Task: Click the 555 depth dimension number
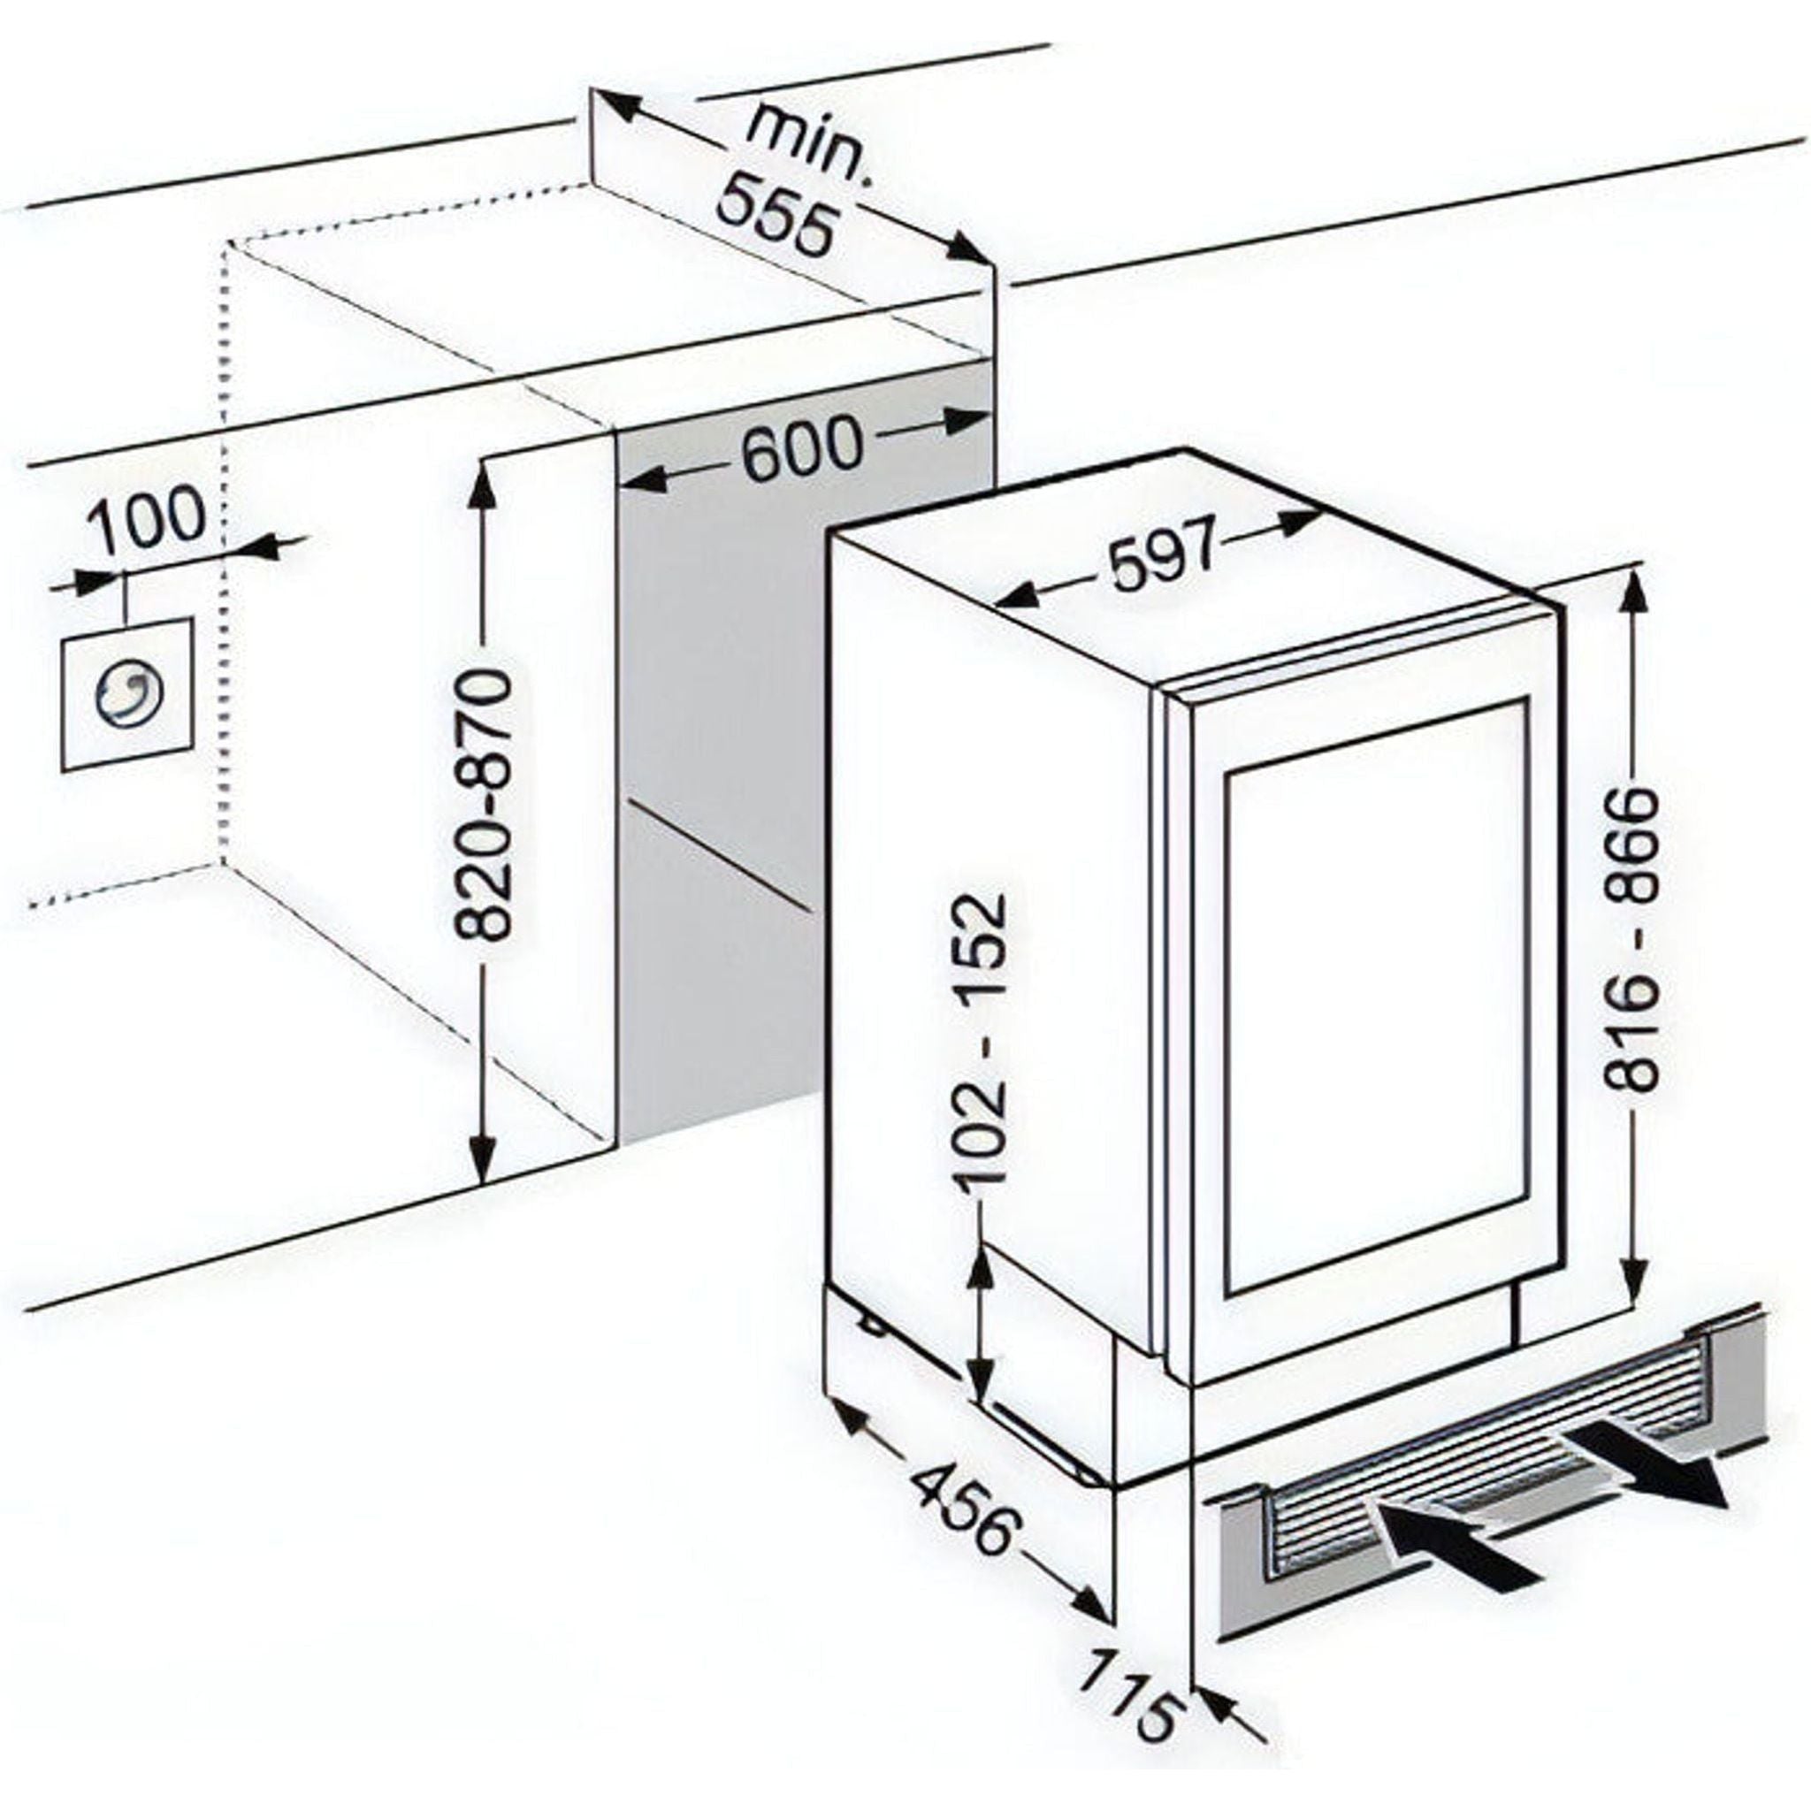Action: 775,218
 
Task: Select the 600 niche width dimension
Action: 800,446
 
